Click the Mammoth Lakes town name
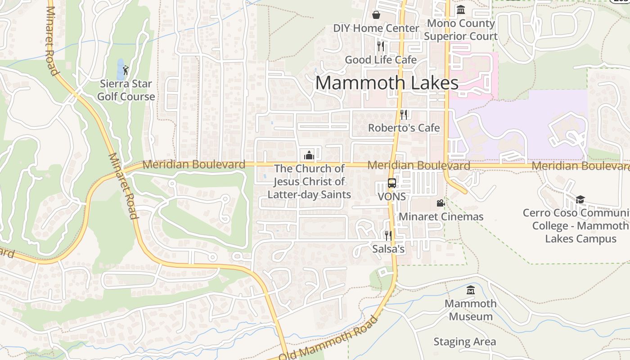click(x=387, y=83)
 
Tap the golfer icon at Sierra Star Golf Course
click(x=126, y=70)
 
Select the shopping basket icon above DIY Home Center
click(x=376, y=15)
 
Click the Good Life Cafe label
click(x=381, y=60)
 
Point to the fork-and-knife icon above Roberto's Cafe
click(x=404, y=114)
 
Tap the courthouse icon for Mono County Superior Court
click(x=461, y=9)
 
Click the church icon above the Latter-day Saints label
click(x=309, y=155)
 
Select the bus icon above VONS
click(x=392, y=183)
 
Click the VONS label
click(x=391, y=197)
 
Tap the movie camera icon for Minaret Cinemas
click(x=441, y=203)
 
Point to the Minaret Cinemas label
click(x=441, y=216)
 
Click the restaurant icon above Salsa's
click(x=388, y=235)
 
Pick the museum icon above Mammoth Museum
click(x=471, y=290)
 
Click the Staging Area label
click(x=464, y=342)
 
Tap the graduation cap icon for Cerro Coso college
click(x=580, y=199)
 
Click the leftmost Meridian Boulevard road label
click(x=194, y=164)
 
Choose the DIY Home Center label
click(x=376, y=28)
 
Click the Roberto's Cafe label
click(x=404, y=128)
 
